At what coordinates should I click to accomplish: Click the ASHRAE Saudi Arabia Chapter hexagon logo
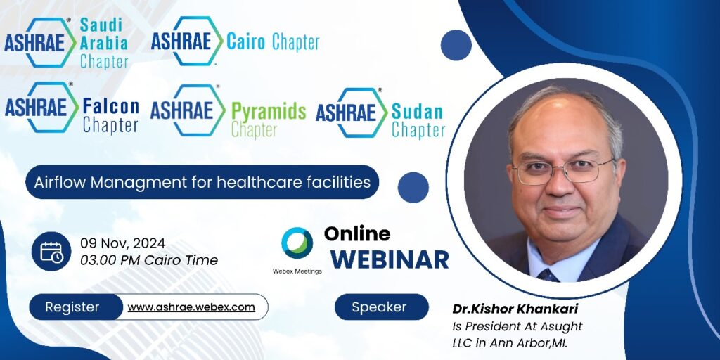pos(40,42)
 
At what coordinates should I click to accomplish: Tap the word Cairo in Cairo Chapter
pos(245,42)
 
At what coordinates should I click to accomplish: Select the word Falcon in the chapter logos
pos(110,107)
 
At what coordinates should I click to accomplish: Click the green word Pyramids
pos(269,112)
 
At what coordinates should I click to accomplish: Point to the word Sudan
pos(417,112)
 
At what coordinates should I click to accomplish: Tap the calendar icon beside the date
pos(51,252)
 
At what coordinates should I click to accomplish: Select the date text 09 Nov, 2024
pos(122,243)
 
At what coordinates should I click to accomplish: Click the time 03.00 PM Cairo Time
pos(149,260)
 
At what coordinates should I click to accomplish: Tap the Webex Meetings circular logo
pos(297,243)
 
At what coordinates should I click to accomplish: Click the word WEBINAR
pos(390,259)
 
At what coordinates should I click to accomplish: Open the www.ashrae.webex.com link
pos(191,307)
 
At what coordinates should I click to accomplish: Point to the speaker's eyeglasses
pos(564,170)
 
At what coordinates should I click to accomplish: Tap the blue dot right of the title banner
pos(413,187)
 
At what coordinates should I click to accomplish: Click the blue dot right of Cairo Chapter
pos(456,45)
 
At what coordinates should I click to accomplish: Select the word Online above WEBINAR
pos(356,233)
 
